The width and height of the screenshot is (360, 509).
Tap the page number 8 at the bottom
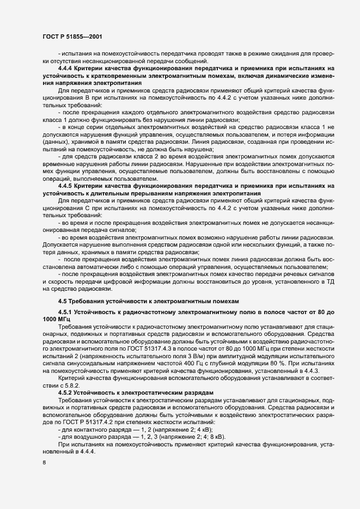pyautogui.click(x=44, y=463)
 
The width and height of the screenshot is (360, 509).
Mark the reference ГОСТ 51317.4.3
pyautogui.click(x=153, y=346)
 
